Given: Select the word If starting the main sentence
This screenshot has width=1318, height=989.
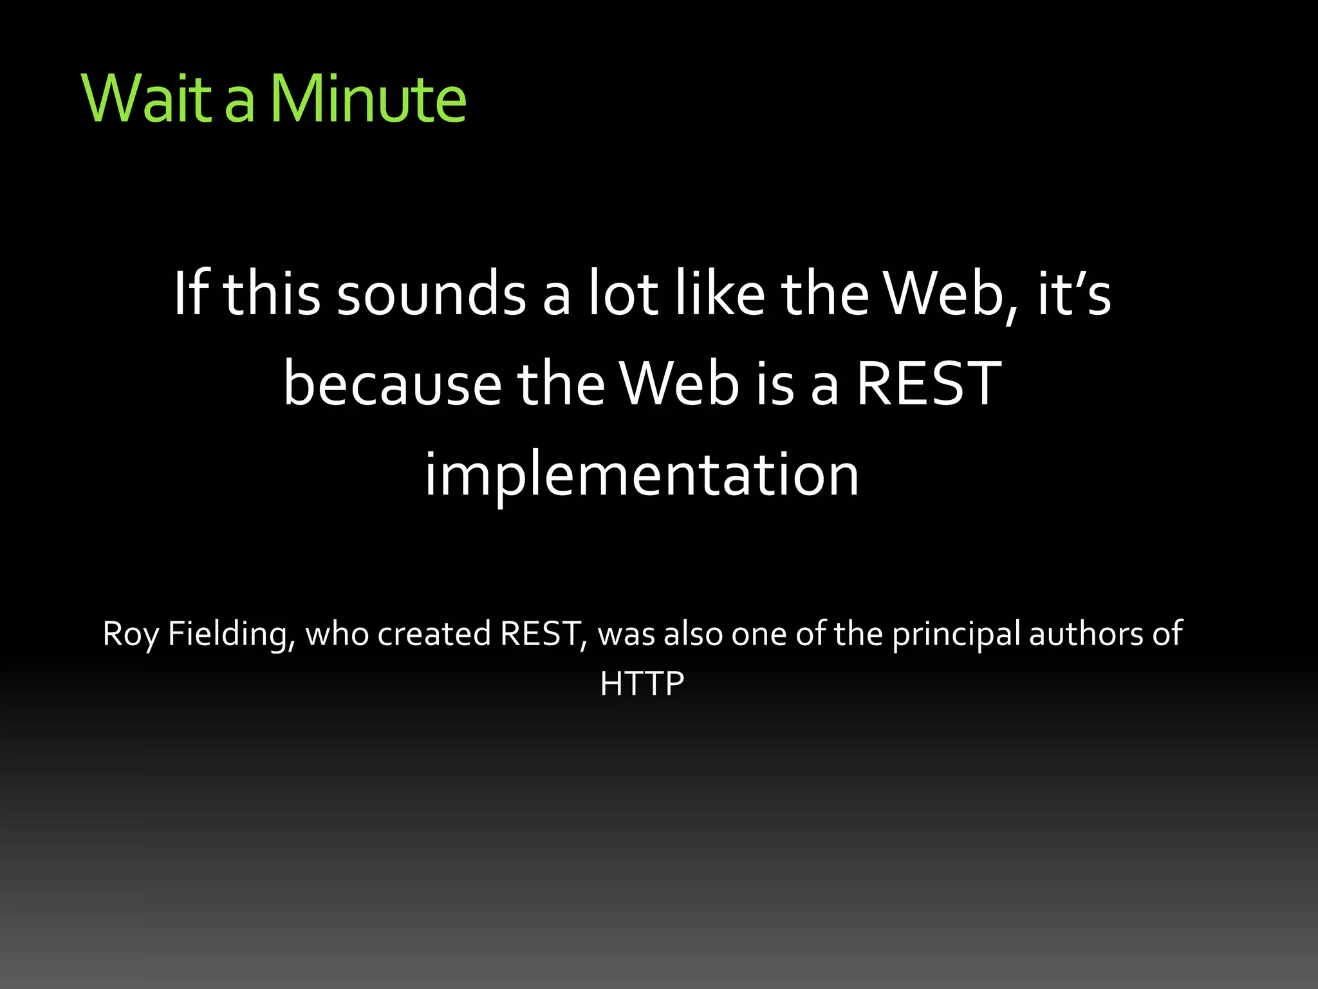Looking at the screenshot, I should pyautogui.click(x=192, y=294).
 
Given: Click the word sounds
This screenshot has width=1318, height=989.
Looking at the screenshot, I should pyautogui.click(x=431, y=295).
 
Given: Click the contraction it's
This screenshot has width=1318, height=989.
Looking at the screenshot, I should pyautogui.click(x=1073, y=294).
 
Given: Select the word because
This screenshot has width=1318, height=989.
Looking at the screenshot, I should pyautogui.click(x=393, y=384).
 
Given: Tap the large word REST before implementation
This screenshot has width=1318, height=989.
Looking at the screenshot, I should pyautogui.click(x=928, y=384).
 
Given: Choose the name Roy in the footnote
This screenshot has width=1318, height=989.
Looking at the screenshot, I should pyautogui.click(x=131, y=634).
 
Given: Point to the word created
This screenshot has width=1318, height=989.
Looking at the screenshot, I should pyautogui.click(x=434, y=634).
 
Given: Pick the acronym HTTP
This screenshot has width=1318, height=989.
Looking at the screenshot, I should pyautogui.click(x=642, y=684).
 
